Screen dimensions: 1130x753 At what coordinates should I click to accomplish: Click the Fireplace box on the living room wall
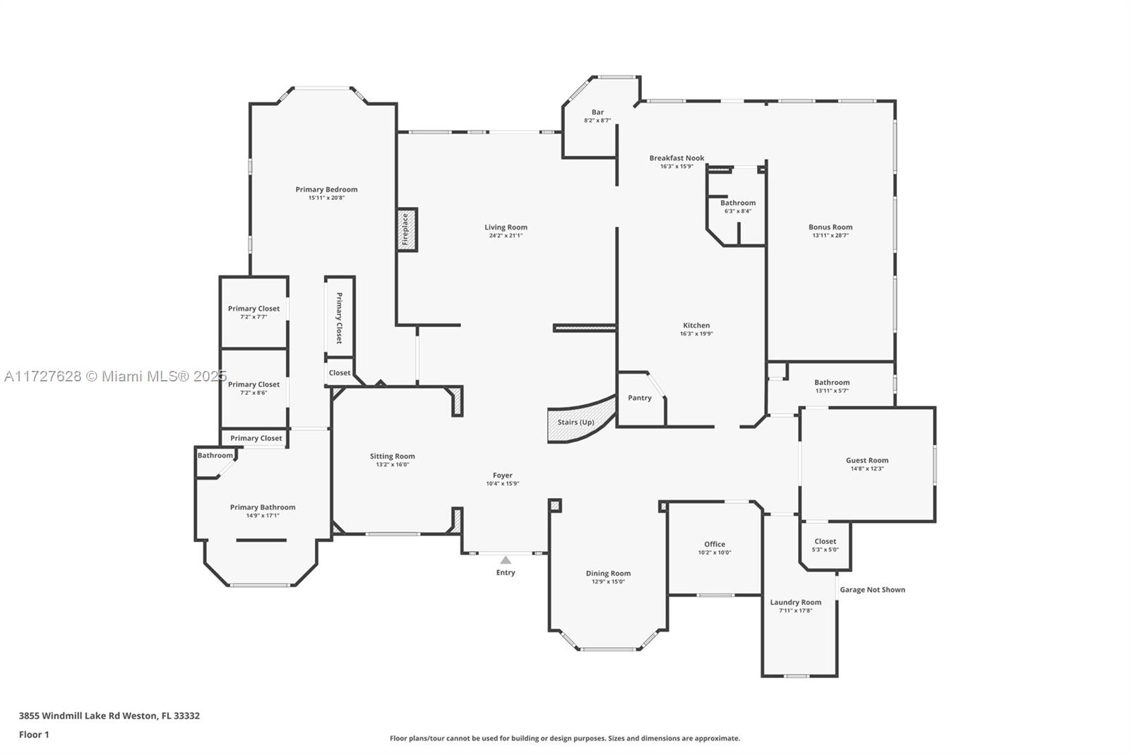click(x=408, y=230)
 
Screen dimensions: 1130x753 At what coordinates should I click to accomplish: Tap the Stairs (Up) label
click(x=576, y=422)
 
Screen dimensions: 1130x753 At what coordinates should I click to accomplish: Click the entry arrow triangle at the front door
click(x=506, y=560)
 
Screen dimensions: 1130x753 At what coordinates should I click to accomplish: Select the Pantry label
click(x=640, y=398)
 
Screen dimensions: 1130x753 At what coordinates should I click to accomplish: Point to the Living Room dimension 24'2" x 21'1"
click(x=506, y=235)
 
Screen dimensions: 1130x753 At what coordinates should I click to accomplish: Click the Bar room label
click(x=597, y=112)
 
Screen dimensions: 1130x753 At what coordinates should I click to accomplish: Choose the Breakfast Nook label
click(x=677, y=158)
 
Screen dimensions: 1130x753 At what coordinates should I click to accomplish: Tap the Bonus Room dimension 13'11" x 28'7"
click(x=831, y=235)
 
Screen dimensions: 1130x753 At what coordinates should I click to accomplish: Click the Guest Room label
click(x=867, y=461)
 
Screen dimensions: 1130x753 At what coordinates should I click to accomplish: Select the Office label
click(x=715, y=544)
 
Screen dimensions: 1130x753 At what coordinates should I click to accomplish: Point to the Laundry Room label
click(x=795, y=602)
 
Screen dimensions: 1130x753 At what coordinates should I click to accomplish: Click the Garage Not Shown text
click(x=872, y=590)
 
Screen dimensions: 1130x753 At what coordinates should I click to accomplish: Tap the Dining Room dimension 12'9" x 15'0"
click(x=608, y=581)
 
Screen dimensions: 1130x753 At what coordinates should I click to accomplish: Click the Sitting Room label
click(x=393, y=456)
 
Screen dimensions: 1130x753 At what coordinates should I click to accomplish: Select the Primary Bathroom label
click(x=263, y=507)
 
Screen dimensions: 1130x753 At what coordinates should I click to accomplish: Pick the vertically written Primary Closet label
click(x=340, y=318)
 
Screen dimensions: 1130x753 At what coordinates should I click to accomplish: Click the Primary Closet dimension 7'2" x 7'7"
click(x=254, y=317)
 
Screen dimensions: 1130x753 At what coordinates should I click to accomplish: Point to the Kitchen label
click(x=696, y=326)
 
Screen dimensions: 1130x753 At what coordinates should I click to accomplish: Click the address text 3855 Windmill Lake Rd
click(x=81, y=716)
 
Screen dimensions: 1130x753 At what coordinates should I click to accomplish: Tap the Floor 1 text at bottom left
click(x=34, y=735)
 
